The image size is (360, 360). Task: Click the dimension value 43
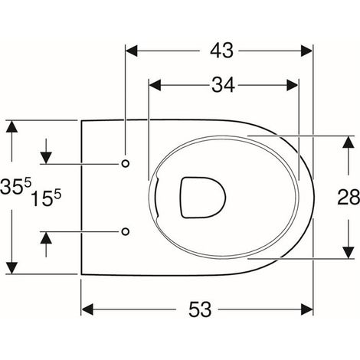coord(221,51)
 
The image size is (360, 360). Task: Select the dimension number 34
coord(223,85)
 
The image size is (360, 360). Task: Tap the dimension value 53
coord(200,309)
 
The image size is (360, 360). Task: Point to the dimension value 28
coord(349,197)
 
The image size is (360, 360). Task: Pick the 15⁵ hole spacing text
coord(46,198)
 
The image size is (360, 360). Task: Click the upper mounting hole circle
coord(125,163)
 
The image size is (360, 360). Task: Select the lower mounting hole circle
coord(125,231)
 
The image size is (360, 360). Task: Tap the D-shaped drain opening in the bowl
coord(203,198)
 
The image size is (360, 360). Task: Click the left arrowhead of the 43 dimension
coord(132,51)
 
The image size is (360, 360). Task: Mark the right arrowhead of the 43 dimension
coord(306,51)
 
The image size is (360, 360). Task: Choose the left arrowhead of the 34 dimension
coord(155,85)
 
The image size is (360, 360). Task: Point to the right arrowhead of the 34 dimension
coord(293,85)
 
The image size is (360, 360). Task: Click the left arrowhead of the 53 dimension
coord(87,309)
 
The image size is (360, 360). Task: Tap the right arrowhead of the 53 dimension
coord(307,309)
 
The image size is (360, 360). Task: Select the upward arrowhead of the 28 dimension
coord(349,142)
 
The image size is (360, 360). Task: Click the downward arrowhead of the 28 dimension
coord(349,253)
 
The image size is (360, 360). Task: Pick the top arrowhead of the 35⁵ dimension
coord(11,126)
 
